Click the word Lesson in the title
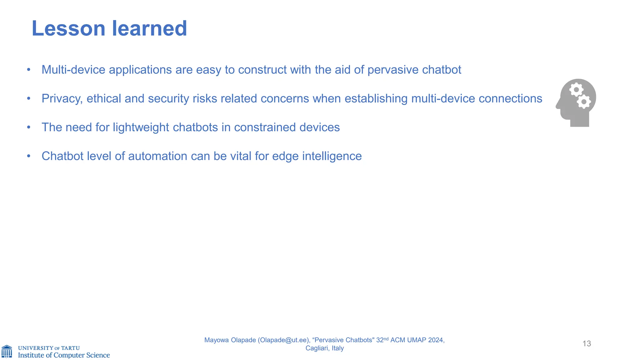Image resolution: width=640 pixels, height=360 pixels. coord(68,28)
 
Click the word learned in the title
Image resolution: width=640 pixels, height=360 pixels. coord(149,28)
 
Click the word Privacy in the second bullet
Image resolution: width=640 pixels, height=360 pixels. coord(62,99)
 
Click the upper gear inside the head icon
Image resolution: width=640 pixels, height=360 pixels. coord(576,90)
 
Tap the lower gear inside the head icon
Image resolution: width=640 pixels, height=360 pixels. coord(584,102)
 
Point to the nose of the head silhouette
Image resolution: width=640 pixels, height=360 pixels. coord(557,107)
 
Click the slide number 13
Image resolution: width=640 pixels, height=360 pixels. coord(587,344)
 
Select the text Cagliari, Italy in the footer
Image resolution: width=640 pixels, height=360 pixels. coord(324,348)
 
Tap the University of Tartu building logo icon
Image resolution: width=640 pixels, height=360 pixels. coord(7,352)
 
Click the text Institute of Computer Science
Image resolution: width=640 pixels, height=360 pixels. coord(64,355)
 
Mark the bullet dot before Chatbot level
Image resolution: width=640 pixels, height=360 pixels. coord(29,156)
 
